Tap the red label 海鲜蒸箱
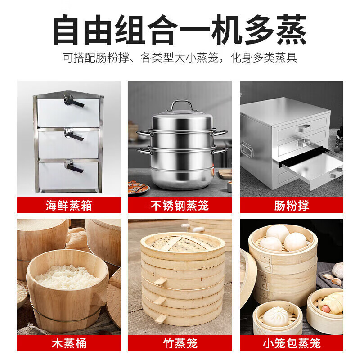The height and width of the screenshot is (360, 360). (x=69, y=206)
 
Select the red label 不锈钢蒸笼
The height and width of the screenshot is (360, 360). (x=180, y=206)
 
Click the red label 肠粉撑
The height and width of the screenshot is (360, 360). (x=292, y=206)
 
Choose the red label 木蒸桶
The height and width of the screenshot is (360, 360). (x=69, y=343)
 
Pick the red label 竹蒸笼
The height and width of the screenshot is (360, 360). (x=180, y=343)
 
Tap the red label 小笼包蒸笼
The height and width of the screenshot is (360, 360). (x=292, y=343)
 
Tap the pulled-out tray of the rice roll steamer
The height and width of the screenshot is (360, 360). (x=310, y=164)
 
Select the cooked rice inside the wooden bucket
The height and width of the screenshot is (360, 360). (x=67, y=276)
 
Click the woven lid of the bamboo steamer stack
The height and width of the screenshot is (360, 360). (x=182, y=243)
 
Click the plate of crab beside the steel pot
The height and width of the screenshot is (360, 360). (x=138, y=187)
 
